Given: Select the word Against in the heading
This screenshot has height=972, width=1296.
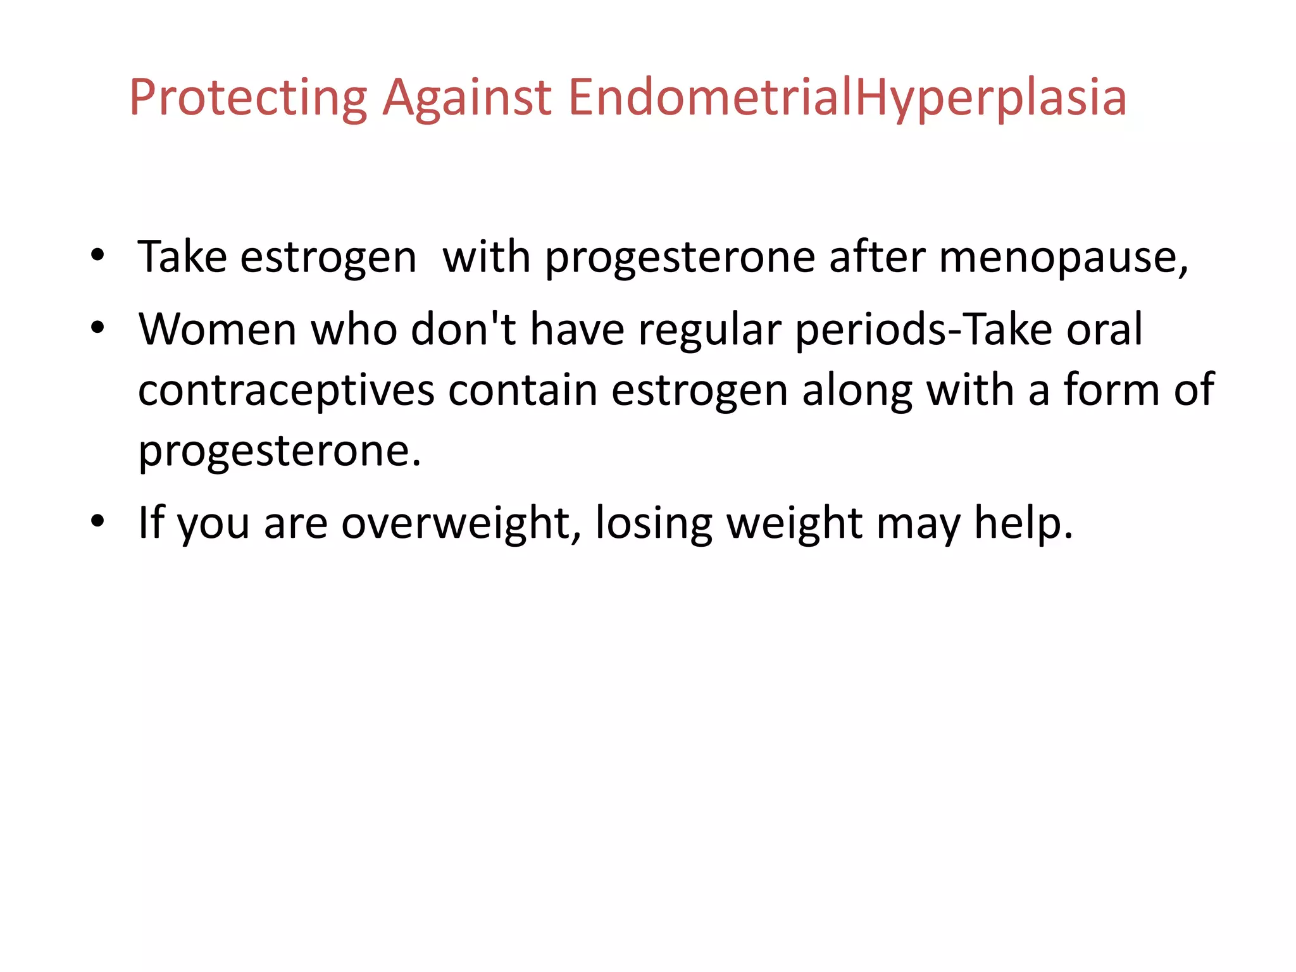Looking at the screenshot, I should (x=467, y=98).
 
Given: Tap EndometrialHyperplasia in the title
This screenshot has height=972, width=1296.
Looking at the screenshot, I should (x=847, y=98).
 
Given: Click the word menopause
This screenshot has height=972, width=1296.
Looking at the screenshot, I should (x=1063, y=258).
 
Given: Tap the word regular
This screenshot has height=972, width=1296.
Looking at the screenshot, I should (x=710, y=330).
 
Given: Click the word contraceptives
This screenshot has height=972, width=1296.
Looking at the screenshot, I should (x=286, y=390).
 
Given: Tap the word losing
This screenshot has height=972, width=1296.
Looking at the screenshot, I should (x=654, y=524).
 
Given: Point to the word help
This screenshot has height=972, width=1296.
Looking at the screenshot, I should (x=1023, y=524).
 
